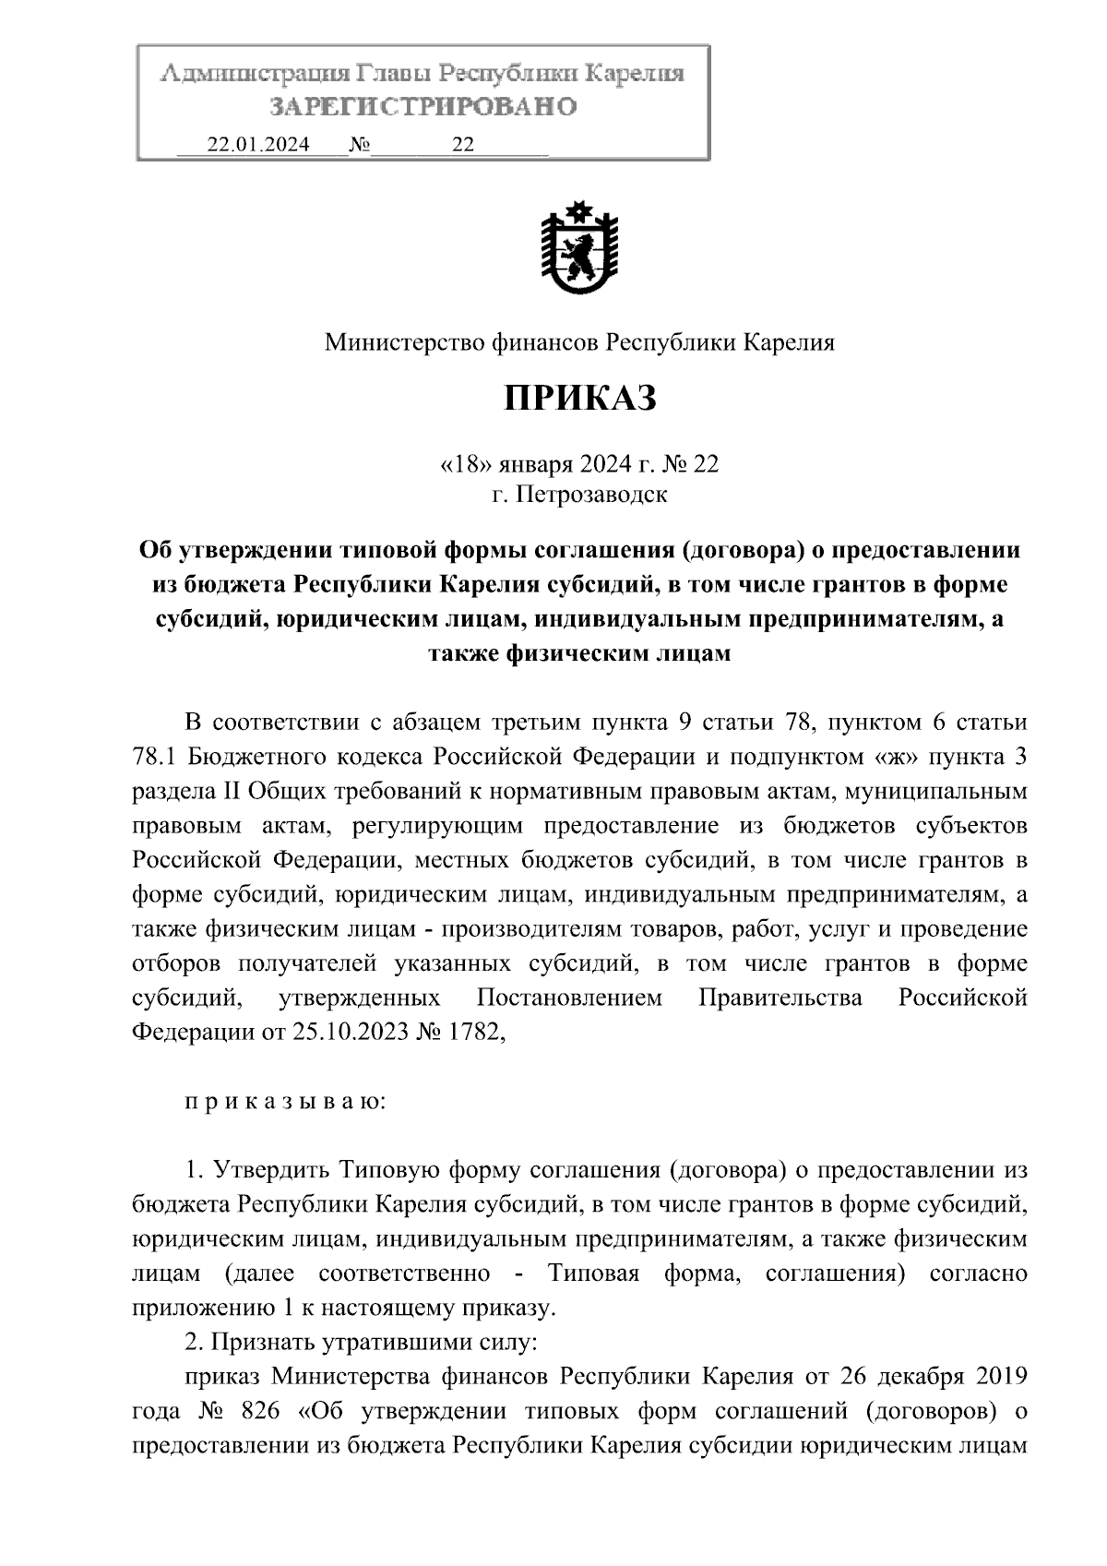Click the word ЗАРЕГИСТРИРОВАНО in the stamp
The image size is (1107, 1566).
click(423, 107)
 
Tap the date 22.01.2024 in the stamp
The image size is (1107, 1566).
click(257, 145)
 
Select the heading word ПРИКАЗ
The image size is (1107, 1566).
click(579, 399)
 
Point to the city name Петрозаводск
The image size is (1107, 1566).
click(591, 496)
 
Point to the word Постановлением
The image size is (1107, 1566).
click(569, 998)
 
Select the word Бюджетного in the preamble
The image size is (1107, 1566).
click(250, 758)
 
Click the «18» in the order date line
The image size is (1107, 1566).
click(461, 463)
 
